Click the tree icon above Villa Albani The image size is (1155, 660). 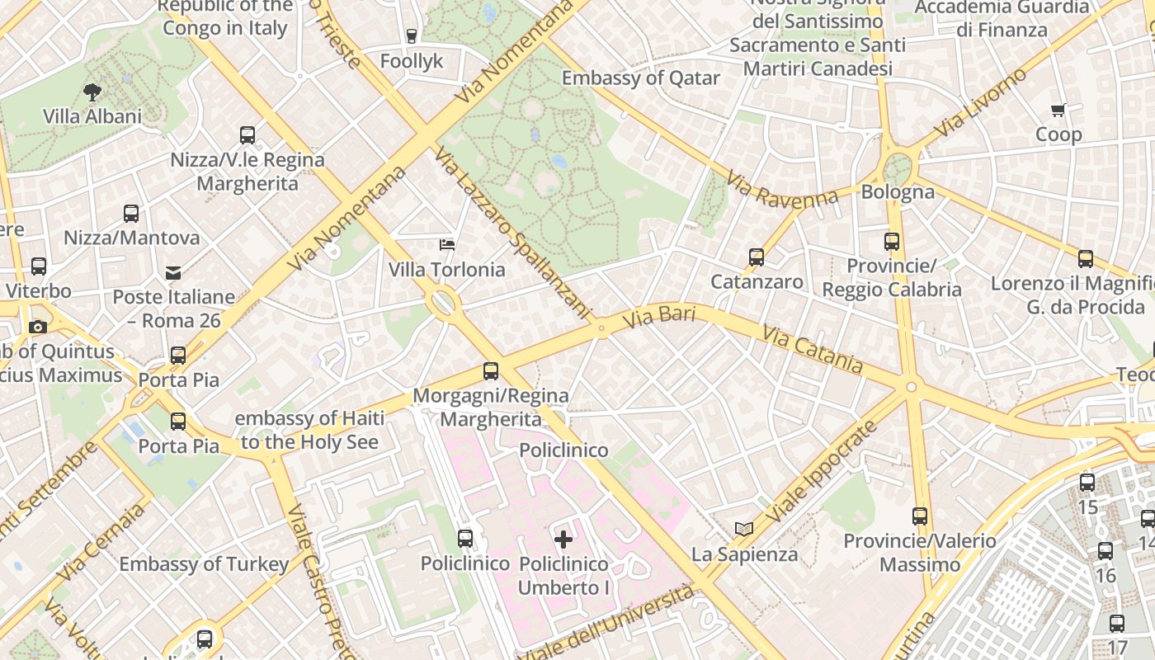(x=92, y=92)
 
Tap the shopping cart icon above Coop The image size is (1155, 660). (x=1058, y=110)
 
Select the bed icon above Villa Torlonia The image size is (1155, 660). (x=446, y=245)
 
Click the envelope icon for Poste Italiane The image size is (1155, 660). (x=173, y=272)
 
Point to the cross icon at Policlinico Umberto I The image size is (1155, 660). (x=563, y=540)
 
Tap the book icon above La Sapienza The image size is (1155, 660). (x=744, y=529)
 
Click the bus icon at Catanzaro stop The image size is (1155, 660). (x=757, y=257)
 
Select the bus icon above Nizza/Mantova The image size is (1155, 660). (x=131, y=214)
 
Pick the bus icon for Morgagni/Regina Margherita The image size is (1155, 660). (x=491, y=371)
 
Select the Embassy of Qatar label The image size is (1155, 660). (x=641, y=78)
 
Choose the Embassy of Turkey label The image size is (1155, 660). (x=204, y=564)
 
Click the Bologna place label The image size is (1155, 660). (x=898, y=192)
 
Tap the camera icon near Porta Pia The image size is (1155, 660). (x=37, y=327)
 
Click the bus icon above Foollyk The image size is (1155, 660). (x=412, y=36)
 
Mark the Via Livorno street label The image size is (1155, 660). (x=981, y=102)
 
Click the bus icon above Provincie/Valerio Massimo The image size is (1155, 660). (x=920, y=517)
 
